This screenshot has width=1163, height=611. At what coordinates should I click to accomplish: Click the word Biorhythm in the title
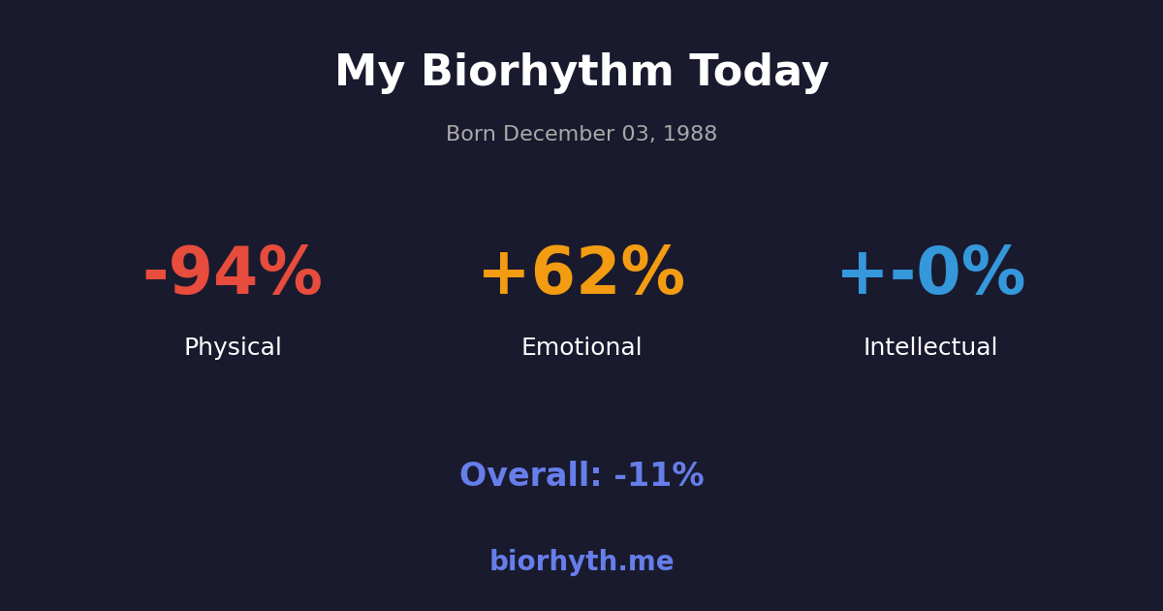547,73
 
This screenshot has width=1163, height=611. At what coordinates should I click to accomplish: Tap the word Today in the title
759,73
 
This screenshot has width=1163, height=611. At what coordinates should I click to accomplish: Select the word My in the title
369,73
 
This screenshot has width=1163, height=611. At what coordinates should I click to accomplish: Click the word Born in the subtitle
471,135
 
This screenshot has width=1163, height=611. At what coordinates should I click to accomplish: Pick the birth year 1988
691,135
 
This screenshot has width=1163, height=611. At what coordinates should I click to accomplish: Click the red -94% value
233,273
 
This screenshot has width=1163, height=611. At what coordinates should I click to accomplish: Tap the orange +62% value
581,273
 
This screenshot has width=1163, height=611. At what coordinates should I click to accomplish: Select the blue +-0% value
930,273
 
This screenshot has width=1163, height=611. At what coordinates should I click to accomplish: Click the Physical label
233,348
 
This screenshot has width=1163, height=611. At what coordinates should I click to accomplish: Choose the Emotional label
581,348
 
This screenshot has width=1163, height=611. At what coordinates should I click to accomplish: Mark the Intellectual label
930,348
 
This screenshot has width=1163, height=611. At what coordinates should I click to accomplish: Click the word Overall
530,476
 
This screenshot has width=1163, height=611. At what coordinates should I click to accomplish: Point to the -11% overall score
659,476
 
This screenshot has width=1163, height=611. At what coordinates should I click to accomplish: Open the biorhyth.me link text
581,563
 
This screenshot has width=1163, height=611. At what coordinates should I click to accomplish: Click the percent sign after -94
290,273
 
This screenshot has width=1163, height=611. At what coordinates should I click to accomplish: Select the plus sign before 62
503,274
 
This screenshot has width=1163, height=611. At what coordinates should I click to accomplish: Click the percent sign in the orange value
652,273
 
